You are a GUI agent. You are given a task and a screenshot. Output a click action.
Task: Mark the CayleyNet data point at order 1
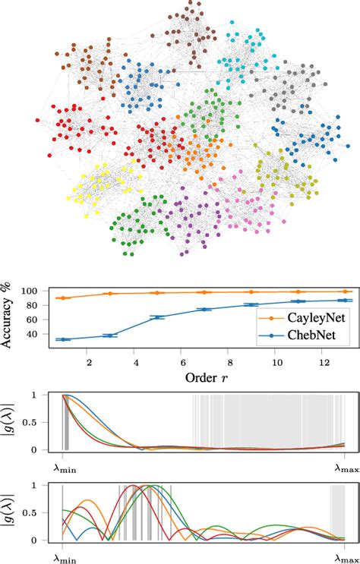coord(62,298)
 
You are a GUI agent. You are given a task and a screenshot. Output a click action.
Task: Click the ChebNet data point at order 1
coord(62,339)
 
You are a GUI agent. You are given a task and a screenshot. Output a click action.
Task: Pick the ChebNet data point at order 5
coord(156,317)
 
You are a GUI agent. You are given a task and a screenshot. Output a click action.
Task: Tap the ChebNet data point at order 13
coord(346,301)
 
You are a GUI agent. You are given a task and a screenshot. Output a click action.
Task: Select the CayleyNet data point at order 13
coord(346,291)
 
